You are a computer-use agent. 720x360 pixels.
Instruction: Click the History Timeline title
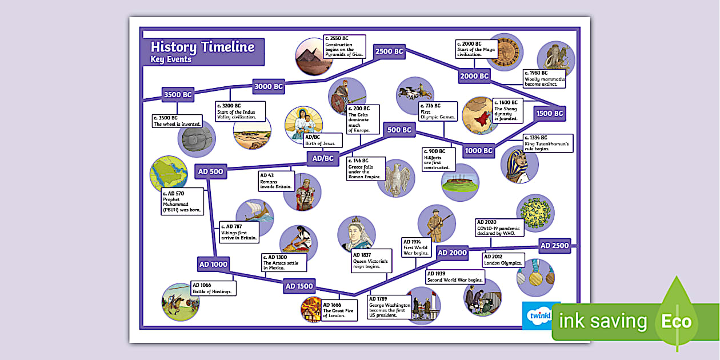pos(202,47)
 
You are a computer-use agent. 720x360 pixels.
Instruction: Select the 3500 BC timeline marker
pos(178,94)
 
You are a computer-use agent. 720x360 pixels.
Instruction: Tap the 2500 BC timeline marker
pos(390,51)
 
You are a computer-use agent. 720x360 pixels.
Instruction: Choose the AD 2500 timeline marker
pos(555,246)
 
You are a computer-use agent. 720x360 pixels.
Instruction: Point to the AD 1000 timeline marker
pos(213,265)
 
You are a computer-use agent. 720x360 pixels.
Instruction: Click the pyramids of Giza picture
pos(314,55)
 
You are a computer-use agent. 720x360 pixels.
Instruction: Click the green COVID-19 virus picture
pos(535,213)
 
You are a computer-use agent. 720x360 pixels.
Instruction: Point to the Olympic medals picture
pos(535,277)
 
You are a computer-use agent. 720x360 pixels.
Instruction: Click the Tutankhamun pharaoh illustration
pos(519,165)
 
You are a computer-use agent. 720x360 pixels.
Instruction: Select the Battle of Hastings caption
pos(212,289)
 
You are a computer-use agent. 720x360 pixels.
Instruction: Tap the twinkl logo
pos(538,315)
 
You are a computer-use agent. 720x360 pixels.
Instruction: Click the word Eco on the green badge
pos(676,321)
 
